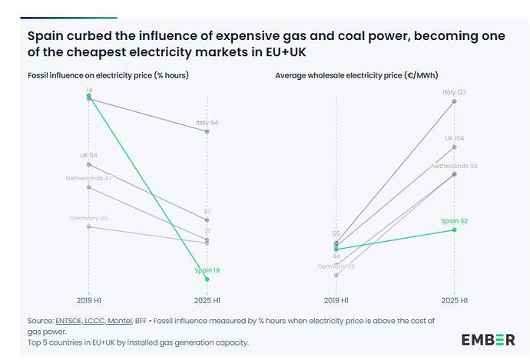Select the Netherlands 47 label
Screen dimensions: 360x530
pyautogui.click(x=89, y=178)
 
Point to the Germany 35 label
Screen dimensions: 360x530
pyautogui.click(x=89, y=218)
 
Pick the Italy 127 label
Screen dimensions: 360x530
pyautogui.click(x=455, y=92)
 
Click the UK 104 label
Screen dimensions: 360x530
pyautogui.click(x=455, y=138)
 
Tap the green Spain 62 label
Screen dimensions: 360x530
pyautogui.click(x=455, y=221)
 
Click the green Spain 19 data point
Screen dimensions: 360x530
pyautogui.click(x=207, y=279)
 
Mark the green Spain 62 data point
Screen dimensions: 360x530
pyautogui.click(x=455, y=230)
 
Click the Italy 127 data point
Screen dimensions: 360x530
pyautogui.click(x=455, y=101)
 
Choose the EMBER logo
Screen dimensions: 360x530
pyautogui.click(x=488, y=339)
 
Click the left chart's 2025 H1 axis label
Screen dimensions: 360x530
pyautogui.click(x=207, y=300)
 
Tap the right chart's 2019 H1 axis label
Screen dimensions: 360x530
pyautogui.click(x=336, y=300)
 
